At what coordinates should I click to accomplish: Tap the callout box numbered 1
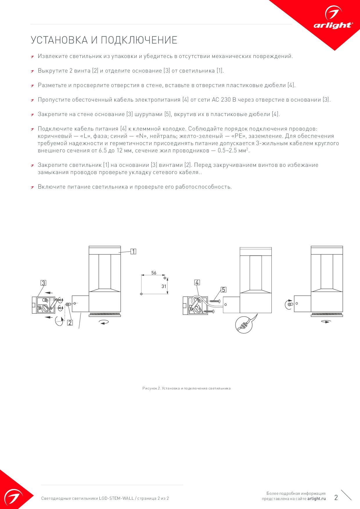133,251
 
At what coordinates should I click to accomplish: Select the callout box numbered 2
70,322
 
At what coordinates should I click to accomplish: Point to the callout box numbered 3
43,283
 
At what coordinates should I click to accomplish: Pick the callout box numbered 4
197,282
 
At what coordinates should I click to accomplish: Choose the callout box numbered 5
223,290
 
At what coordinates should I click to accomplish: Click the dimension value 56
154,273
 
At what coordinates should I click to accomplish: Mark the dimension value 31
164,286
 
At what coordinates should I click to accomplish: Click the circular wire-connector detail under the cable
244,325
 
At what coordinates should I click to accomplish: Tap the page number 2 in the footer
336,498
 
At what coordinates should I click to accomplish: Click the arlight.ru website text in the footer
316,499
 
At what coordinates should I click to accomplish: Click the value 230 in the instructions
226,100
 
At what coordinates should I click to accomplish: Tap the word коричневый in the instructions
55,136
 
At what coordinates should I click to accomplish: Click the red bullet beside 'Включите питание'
33,187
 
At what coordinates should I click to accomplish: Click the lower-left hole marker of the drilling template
141,294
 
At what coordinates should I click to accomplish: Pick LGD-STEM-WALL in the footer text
116,498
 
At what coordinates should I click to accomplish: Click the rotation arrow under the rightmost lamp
326,322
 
